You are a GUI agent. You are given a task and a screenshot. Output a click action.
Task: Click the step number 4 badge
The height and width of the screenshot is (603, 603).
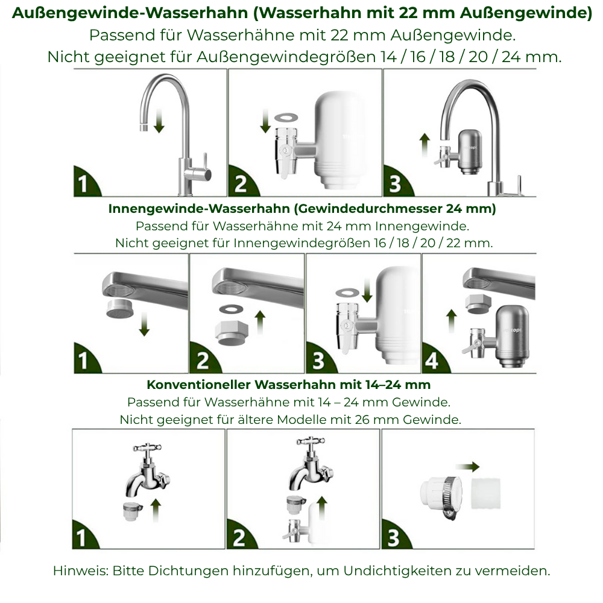click(x=432, y=360)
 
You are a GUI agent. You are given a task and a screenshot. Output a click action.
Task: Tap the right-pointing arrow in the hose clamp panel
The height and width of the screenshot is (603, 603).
click(x=467, y=467)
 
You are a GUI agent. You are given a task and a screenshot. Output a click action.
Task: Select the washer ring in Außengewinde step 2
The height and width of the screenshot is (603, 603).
click(x=282, y=115)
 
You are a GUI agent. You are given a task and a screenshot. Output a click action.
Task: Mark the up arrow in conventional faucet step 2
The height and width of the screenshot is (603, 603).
click(x=321, y=508)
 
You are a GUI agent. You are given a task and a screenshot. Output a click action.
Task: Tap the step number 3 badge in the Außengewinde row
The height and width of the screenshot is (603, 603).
click(x=394, y=184)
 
